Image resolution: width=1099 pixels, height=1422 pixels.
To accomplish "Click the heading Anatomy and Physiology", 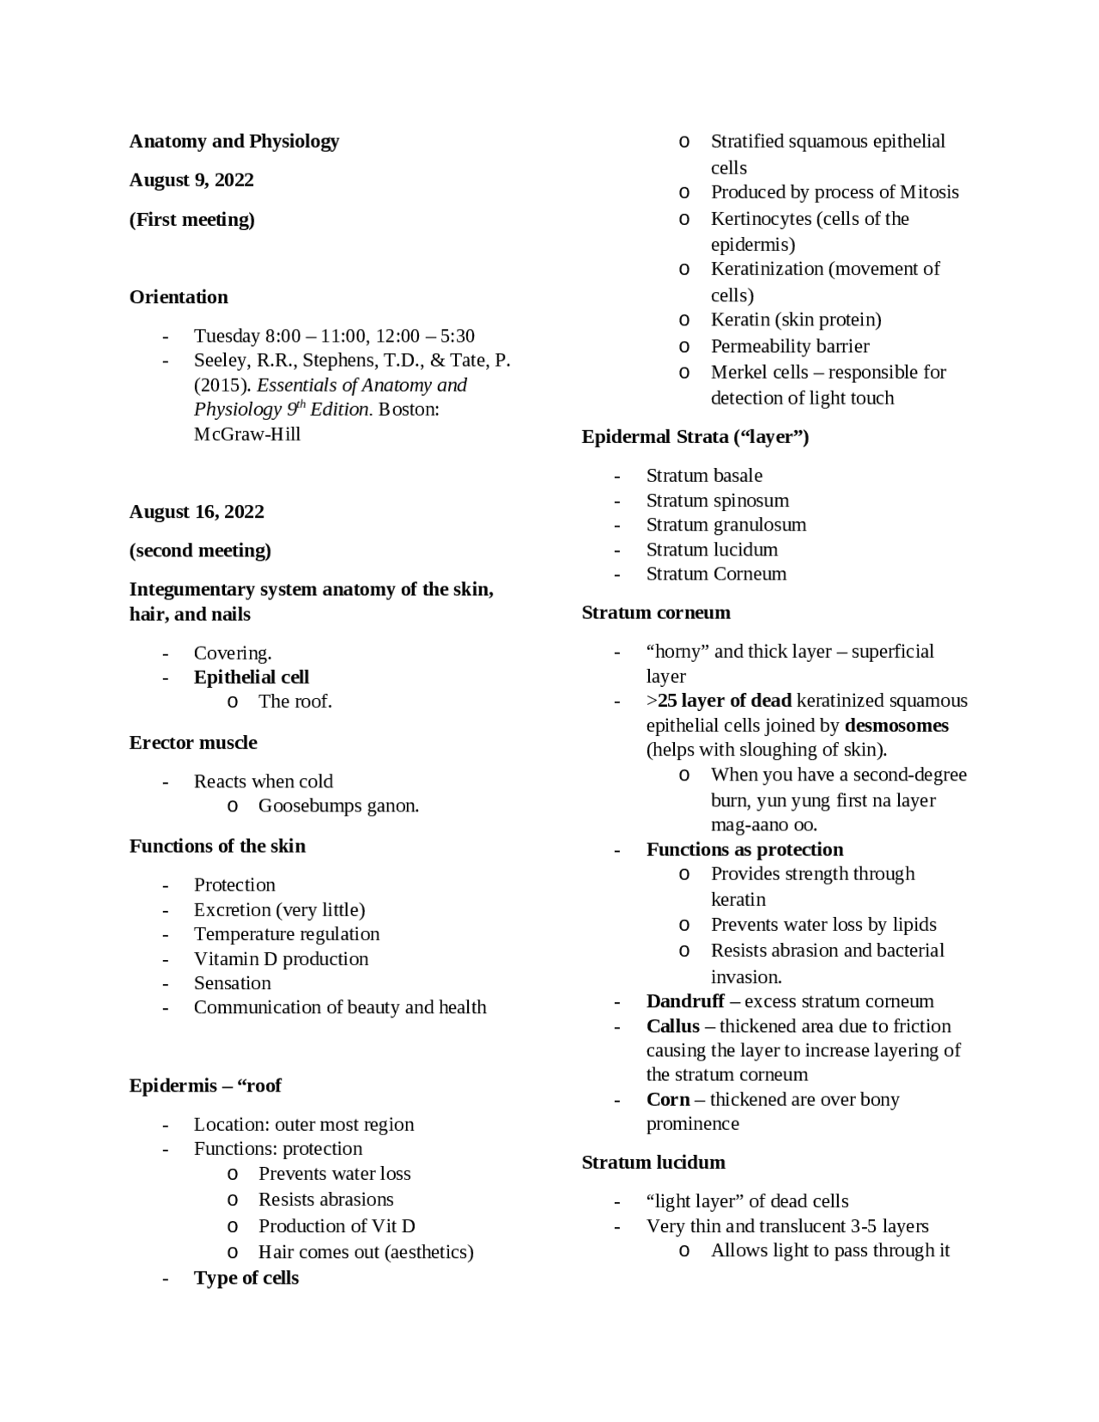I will tap(234, 141).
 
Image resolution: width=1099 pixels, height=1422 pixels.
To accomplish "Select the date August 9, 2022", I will tap(191, 180).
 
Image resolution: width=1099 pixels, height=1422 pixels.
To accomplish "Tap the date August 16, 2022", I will tap(197, 512).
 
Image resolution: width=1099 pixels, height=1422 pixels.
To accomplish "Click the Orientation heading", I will tap(179, 297).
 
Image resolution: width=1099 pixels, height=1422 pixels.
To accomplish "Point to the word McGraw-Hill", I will tap(247, 434).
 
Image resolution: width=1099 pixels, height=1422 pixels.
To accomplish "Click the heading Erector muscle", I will tap(193, 743).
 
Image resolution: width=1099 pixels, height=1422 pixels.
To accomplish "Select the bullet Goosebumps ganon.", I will tap(338, 806).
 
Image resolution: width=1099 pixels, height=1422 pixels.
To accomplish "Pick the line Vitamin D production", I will tap(281, 959).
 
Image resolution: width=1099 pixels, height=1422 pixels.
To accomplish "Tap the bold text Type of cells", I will tap(246, 1278).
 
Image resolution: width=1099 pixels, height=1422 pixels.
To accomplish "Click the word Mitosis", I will tap(929, 192).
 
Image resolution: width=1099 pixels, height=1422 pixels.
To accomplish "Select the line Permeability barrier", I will tap(790, 346).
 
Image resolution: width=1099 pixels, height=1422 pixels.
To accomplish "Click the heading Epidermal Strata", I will tap(695, 437).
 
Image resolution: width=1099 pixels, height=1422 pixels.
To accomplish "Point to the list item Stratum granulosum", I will tap(726, 525).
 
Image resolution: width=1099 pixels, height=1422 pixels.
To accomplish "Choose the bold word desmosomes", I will tap(896, 726).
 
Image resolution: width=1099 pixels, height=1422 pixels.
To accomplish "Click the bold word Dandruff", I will tap(685, 1001).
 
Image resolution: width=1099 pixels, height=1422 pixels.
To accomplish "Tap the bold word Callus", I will tap(673, 1026).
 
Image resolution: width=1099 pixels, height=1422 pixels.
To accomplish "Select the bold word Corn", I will tap(668, 1100).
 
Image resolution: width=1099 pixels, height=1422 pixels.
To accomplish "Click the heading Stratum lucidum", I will tap(653, 1163).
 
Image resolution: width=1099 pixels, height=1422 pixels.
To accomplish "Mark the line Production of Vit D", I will tap(337, 1226).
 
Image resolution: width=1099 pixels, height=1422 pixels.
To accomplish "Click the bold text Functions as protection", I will tap(744, 850).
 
